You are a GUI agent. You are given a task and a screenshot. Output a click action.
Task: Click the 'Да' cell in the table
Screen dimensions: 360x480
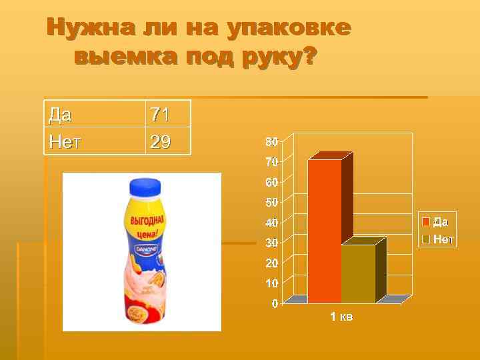[61, 115]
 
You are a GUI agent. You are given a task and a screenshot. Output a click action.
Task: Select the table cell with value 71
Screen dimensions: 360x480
[160, 115]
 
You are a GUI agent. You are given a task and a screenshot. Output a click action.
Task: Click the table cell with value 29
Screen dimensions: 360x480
[160, 141]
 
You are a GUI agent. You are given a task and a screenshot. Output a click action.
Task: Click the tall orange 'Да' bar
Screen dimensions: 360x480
[325, 230]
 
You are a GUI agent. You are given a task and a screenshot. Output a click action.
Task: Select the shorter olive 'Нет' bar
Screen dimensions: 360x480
[359, 273]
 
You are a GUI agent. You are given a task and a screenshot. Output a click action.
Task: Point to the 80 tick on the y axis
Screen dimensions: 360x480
[271, 142]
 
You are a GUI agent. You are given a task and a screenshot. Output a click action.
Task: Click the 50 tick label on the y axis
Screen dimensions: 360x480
[271, 202]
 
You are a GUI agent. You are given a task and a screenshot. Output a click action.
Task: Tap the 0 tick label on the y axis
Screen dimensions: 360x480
[275, 303]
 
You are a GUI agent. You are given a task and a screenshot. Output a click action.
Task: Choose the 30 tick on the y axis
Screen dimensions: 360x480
[271, 243]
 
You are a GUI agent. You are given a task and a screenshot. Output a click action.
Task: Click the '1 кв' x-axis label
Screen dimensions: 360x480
[341, 317]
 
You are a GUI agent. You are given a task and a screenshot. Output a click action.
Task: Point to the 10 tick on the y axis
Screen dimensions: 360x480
[271, 283]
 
